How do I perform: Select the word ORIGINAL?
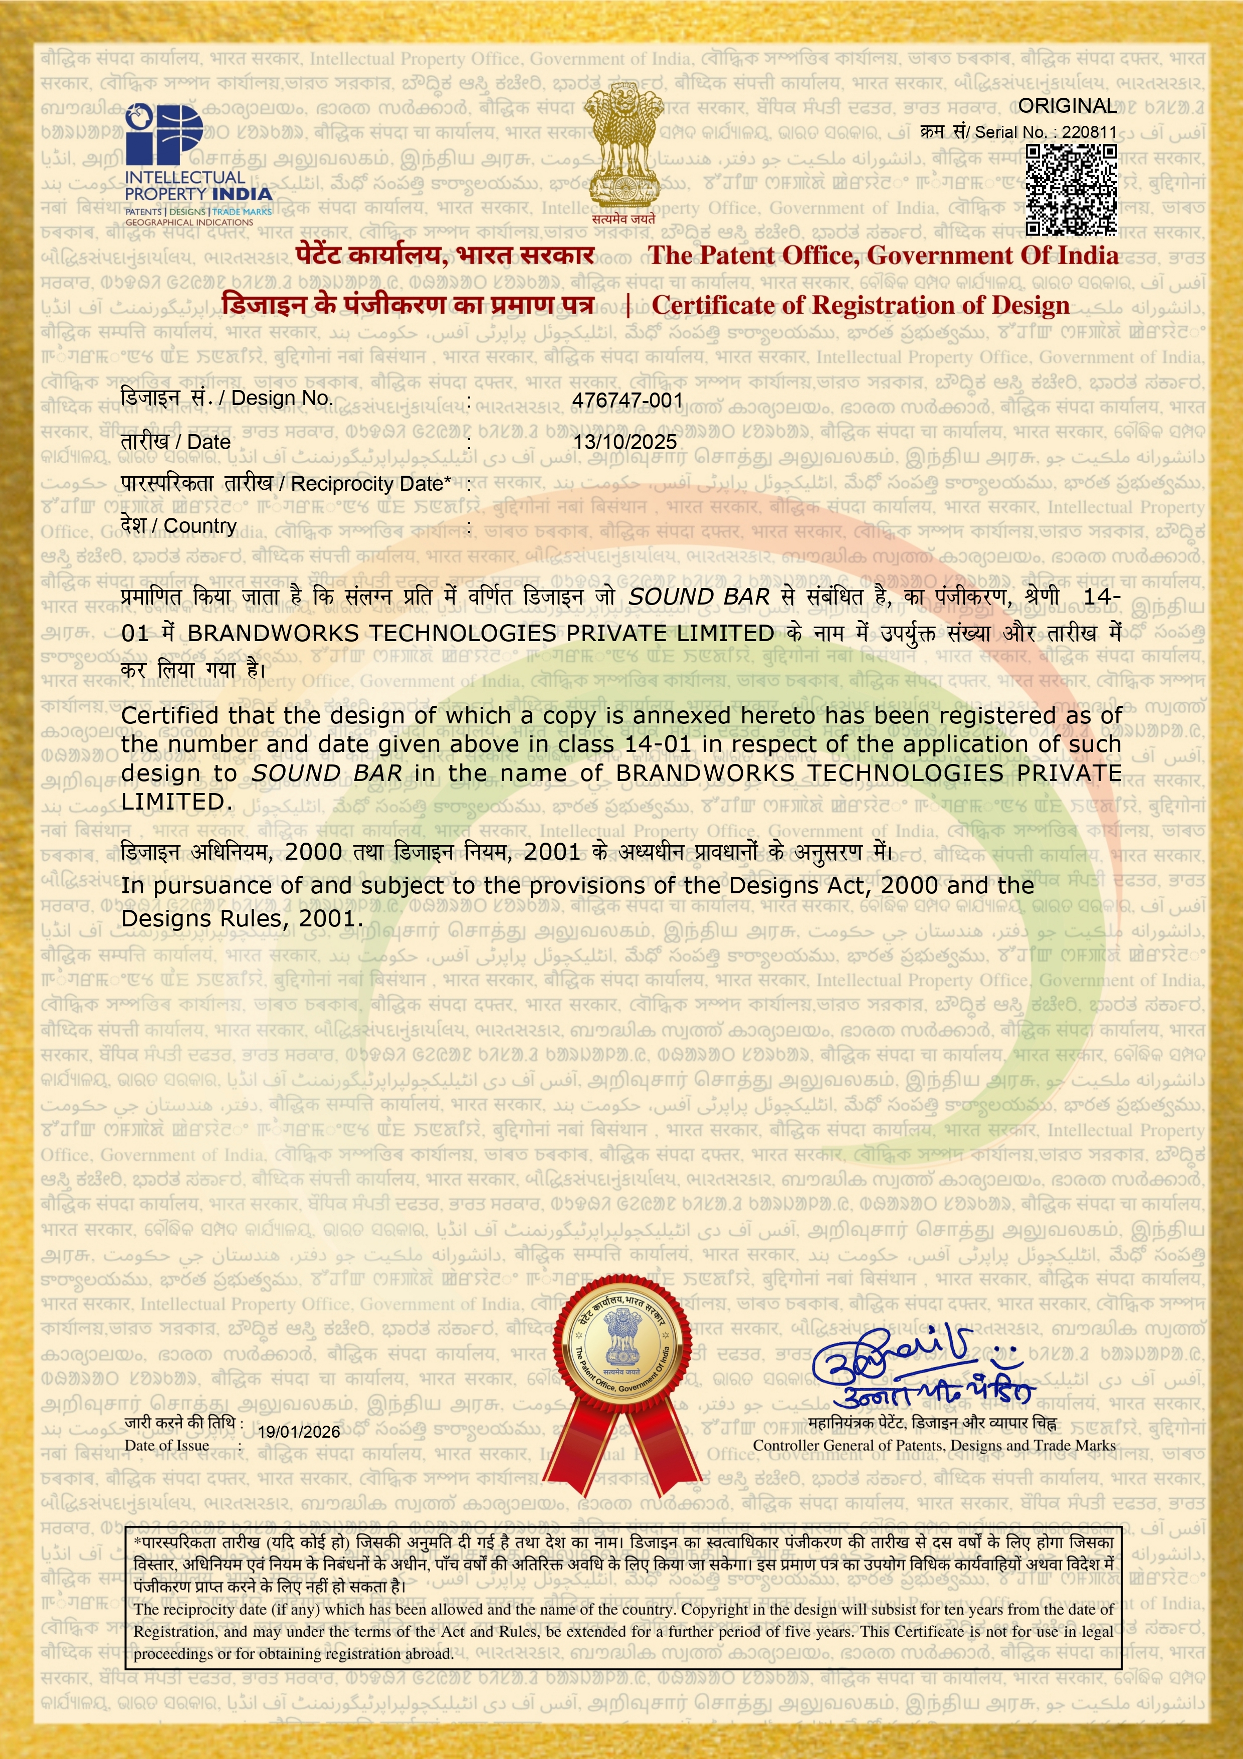[x=1067, y=106]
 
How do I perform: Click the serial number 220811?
[x=1089, y=132]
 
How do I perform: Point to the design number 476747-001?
[x=627, y=400]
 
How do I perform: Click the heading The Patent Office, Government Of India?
[x=882, y=255]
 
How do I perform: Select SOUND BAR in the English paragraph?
[x=327, y=773]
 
